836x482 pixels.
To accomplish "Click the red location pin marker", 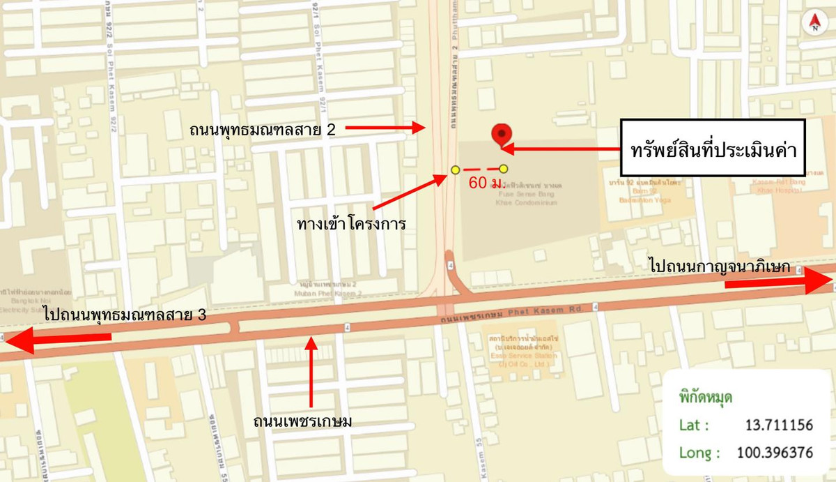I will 500,135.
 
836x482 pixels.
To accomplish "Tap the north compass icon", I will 813,22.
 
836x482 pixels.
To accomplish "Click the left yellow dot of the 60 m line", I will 455,170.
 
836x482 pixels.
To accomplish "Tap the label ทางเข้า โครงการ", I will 350,225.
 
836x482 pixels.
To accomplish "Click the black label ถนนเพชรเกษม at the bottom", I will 303,421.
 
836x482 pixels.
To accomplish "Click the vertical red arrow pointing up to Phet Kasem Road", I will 311,370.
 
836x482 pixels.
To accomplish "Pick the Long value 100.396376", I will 774,453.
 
